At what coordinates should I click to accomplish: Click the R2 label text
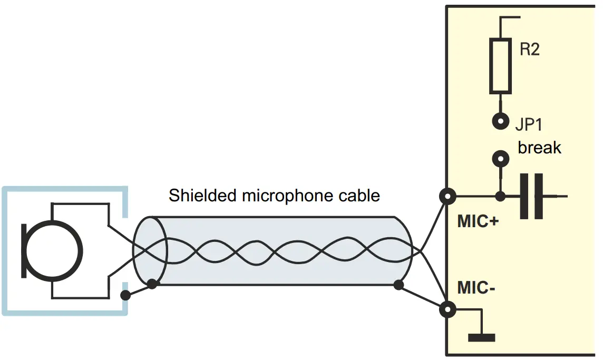[x=530, y=50]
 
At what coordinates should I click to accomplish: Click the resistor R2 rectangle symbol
[x=500, y=65]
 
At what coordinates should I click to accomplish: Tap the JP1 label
[x=529, y=124]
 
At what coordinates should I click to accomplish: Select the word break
[x=539, y=147]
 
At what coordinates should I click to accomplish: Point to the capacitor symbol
[x=532, y=197]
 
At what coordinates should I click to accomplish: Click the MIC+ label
[x=478, y=222]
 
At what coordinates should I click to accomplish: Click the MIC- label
[x=476, y=288]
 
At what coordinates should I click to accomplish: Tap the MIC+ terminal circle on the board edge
[x=448, y=197]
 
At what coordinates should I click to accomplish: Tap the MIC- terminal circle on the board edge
[x=448, y=309]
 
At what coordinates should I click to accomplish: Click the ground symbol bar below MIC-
[x=481, y=337]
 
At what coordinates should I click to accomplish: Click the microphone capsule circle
[x=55, y=250]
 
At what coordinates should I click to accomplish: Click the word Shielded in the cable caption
[x=202, y=196]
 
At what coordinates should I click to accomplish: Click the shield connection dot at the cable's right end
[x=398, y=285]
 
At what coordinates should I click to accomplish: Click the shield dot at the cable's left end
[x=152, y=284]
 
